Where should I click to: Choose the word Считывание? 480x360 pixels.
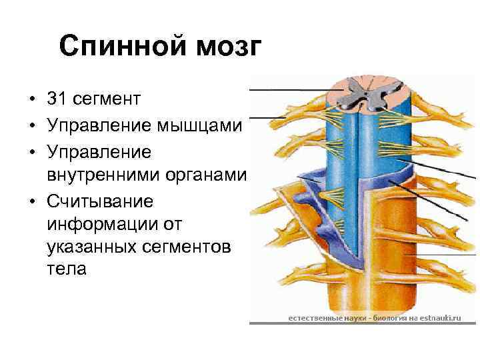[x=100, y=200]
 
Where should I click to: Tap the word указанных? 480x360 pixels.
[x=91, y=247]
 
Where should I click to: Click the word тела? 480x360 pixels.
[x=67, y=271]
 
